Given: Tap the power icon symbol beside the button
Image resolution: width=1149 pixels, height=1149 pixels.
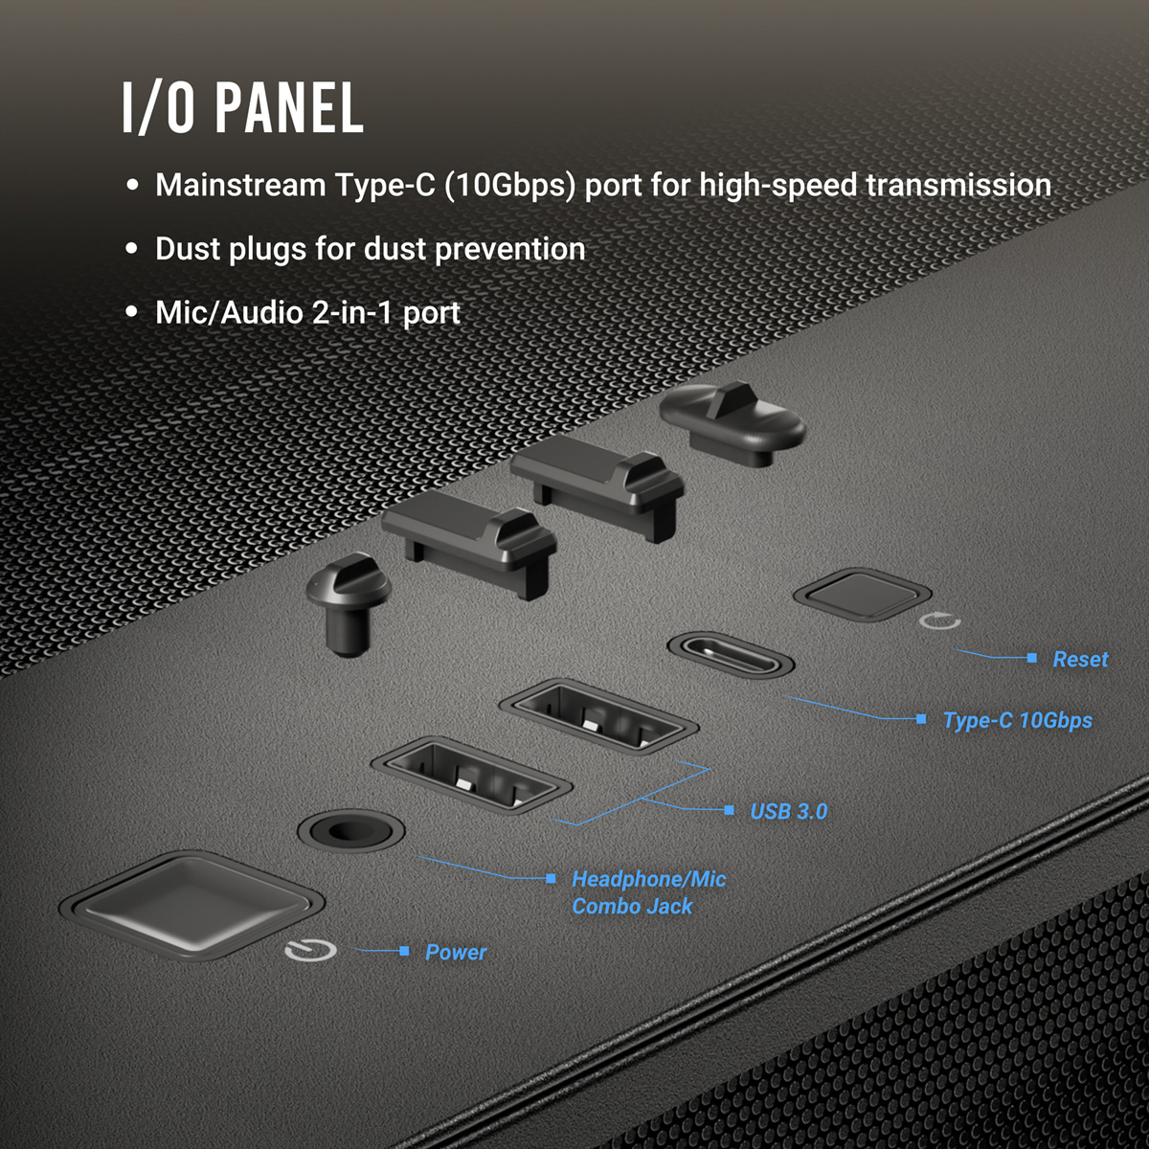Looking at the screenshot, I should point(311,951).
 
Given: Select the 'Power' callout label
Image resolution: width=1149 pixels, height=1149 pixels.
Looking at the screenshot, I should point(456,952).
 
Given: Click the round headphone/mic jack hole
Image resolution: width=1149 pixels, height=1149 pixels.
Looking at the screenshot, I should point(350,829).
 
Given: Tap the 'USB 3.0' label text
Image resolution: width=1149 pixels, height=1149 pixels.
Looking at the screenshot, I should point(788,812).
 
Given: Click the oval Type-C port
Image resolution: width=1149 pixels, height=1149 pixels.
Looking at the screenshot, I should point(731,656).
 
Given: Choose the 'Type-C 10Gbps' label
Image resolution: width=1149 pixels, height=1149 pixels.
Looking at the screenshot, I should point(1017,720).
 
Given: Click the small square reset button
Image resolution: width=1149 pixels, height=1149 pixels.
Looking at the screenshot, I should point(862,593).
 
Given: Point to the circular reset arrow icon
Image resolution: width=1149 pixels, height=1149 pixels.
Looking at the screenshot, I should point(939,621).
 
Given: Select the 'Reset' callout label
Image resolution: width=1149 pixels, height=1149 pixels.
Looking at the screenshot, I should point(1080,659).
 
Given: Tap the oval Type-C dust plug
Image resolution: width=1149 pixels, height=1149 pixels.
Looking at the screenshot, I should point(732,421).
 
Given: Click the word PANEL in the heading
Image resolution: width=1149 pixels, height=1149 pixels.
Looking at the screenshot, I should point(289,107).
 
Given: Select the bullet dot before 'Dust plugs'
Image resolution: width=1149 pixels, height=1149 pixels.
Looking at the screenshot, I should point(133,249).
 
